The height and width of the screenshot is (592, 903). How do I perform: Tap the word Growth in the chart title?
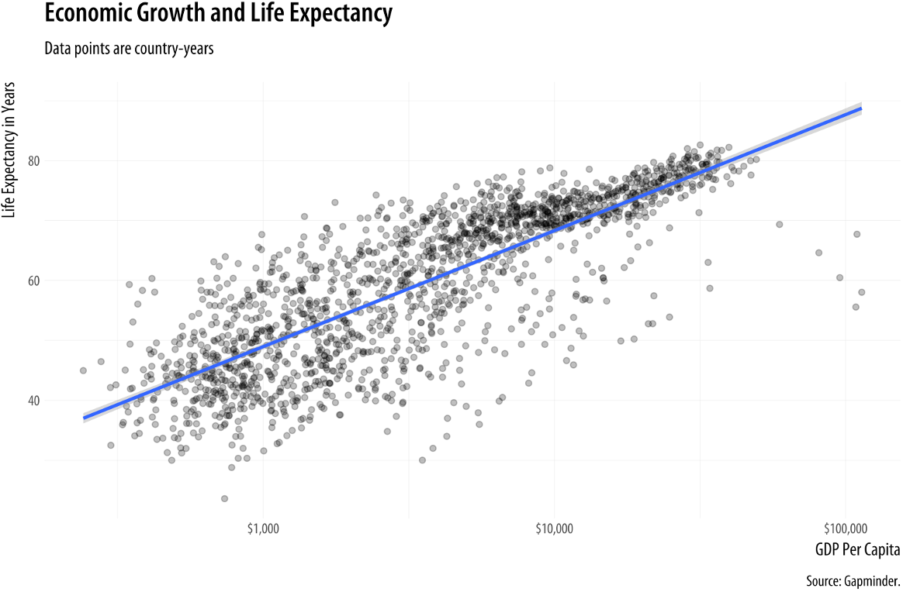(165, 13)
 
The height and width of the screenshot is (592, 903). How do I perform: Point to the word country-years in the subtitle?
(176, 48)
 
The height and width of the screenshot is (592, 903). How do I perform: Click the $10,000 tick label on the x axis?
(554, 529)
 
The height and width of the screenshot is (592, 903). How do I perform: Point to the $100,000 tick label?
(844, 529)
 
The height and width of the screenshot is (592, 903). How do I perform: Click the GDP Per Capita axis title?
(857, 551)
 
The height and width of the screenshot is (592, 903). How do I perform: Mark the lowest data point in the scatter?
(225, 498)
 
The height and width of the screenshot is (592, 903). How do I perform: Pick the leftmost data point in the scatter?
(83, 370)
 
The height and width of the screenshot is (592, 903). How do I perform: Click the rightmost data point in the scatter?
(862, 292)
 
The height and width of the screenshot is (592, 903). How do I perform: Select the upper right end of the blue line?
(861, 108)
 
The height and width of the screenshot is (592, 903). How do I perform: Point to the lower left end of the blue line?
(84, 418)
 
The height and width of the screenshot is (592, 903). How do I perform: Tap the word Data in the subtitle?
(56, 48)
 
